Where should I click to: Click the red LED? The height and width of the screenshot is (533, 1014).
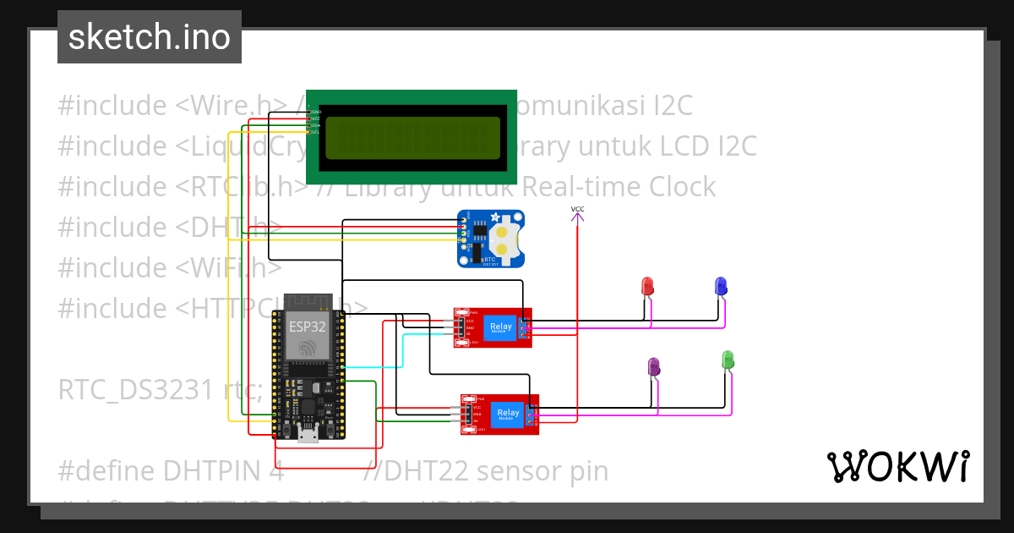point(648,286)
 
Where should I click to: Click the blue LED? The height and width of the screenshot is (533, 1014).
point(721,286)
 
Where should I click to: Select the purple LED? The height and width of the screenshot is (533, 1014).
point(654,366)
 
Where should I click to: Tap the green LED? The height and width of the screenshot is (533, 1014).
point(728,360)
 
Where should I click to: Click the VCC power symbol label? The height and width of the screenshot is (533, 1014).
point(577,209)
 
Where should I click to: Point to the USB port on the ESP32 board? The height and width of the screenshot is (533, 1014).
point(308,435)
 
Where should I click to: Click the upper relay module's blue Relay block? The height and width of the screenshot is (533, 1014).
point(500,327)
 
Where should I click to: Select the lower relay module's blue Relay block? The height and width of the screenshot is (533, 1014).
point(507,414)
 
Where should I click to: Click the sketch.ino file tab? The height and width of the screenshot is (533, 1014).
point(150,37)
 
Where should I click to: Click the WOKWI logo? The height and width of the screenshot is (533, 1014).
point(898,466)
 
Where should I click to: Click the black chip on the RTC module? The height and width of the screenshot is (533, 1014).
point(479,228)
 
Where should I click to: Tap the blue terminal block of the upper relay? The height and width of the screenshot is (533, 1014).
point(526,327)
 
